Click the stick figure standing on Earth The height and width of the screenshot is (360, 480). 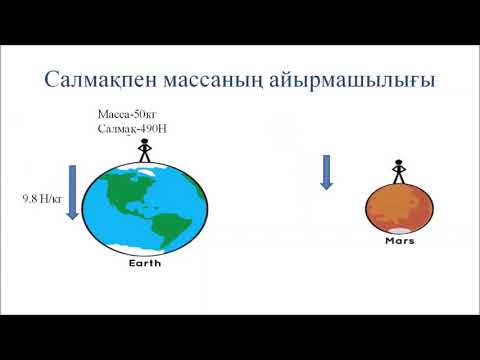click(x=144, y=150)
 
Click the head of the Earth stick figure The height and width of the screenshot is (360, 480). click(x=144, y=142)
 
